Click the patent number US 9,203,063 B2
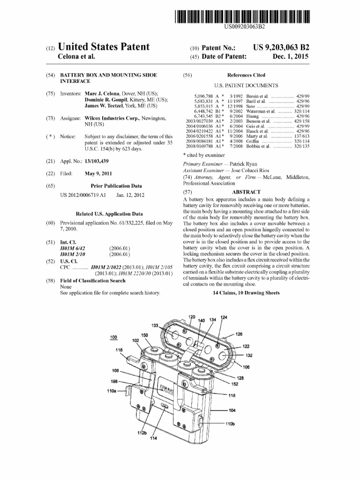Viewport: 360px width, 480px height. (x=281, y=47)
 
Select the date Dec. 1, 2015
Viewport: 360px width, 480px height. (x=291, y=57)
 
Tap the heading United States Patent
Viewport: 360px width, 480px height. (x=103, y=47)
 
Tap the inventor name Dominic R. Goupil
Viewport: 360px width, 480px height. (x=109, y=100)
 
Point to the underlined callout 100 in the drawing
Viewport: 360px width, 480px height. (x=113, y=337)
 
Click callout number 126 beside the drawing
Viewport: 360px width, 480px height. (x=239, y=334)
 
